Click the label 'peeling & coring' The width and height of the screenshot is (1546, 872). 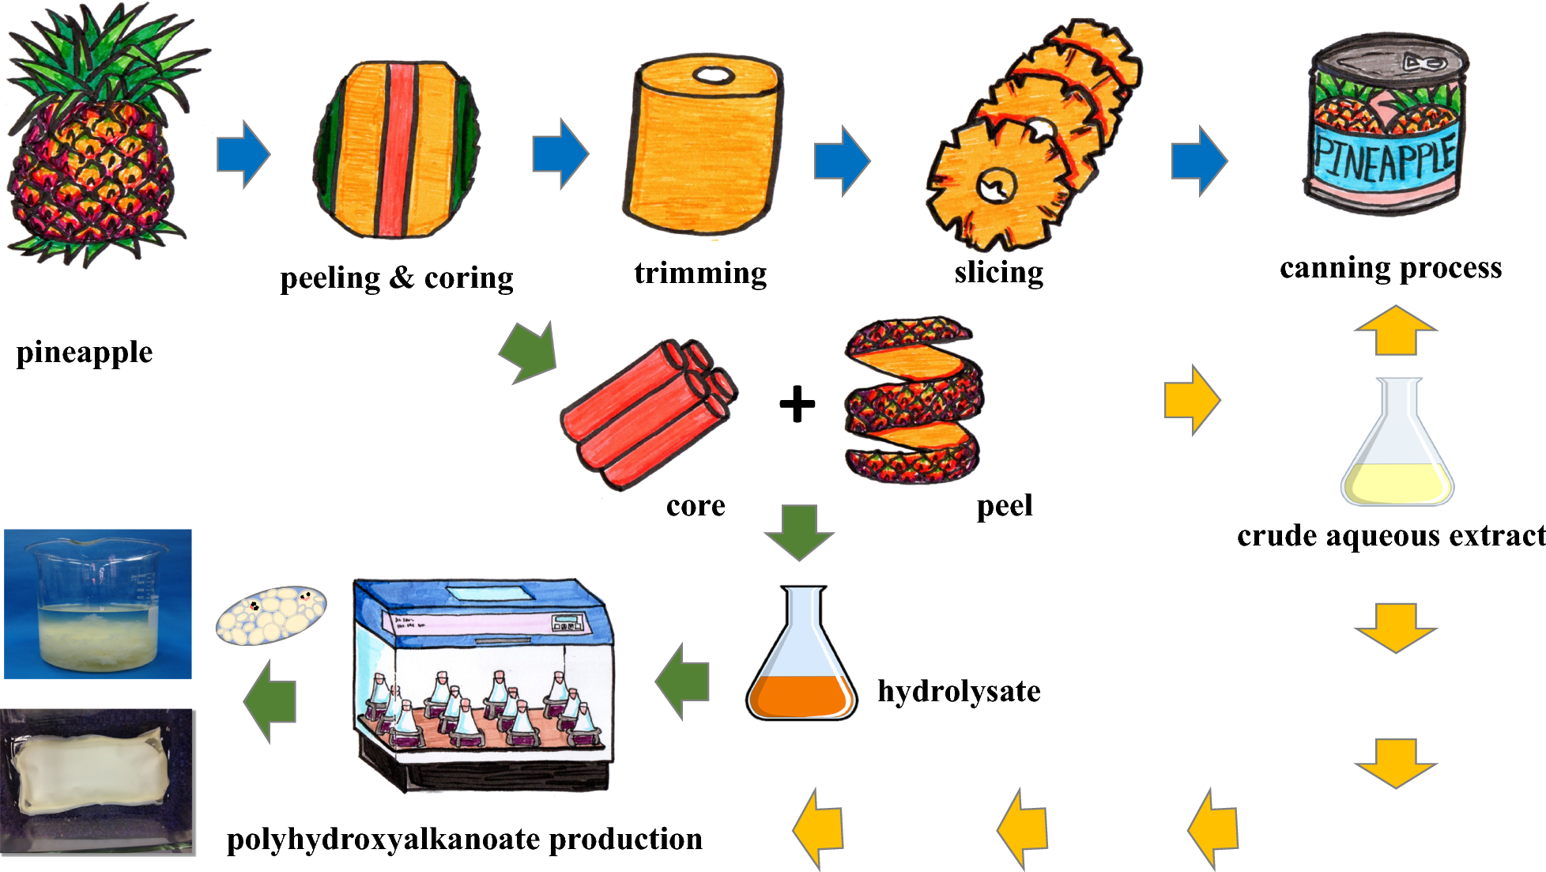(396, 278)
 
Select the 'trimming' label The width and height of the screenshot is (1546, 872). (700, 273)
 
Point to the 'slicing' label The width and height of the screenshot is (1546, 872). (998, 272)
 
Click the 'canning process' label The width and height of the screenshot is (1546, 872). (1390, 268)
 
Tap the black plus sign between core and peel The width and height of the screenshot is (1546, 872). (797, 404)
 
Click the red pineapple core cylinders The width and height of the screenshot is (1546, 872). (648, 414)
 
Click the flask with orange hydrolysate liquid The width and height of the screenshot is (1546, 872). (801, 661)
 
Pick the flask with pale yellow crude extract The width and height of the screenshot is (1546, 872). (1397, 451)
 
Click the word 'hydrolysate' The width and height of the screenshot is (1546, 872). (959, 692)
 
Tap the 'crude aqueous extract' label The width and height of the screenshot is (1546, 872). (1390, 536)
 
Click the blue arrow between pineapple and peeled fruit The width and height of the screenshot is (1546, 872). (243, 154)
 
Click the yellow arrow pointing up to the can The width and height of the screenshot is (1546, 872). (1395, 330)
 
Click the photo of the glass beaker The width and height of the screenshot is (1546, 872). (98, 604)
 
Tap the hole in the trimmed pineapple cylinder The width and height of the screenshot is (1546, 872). (714, 76)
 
